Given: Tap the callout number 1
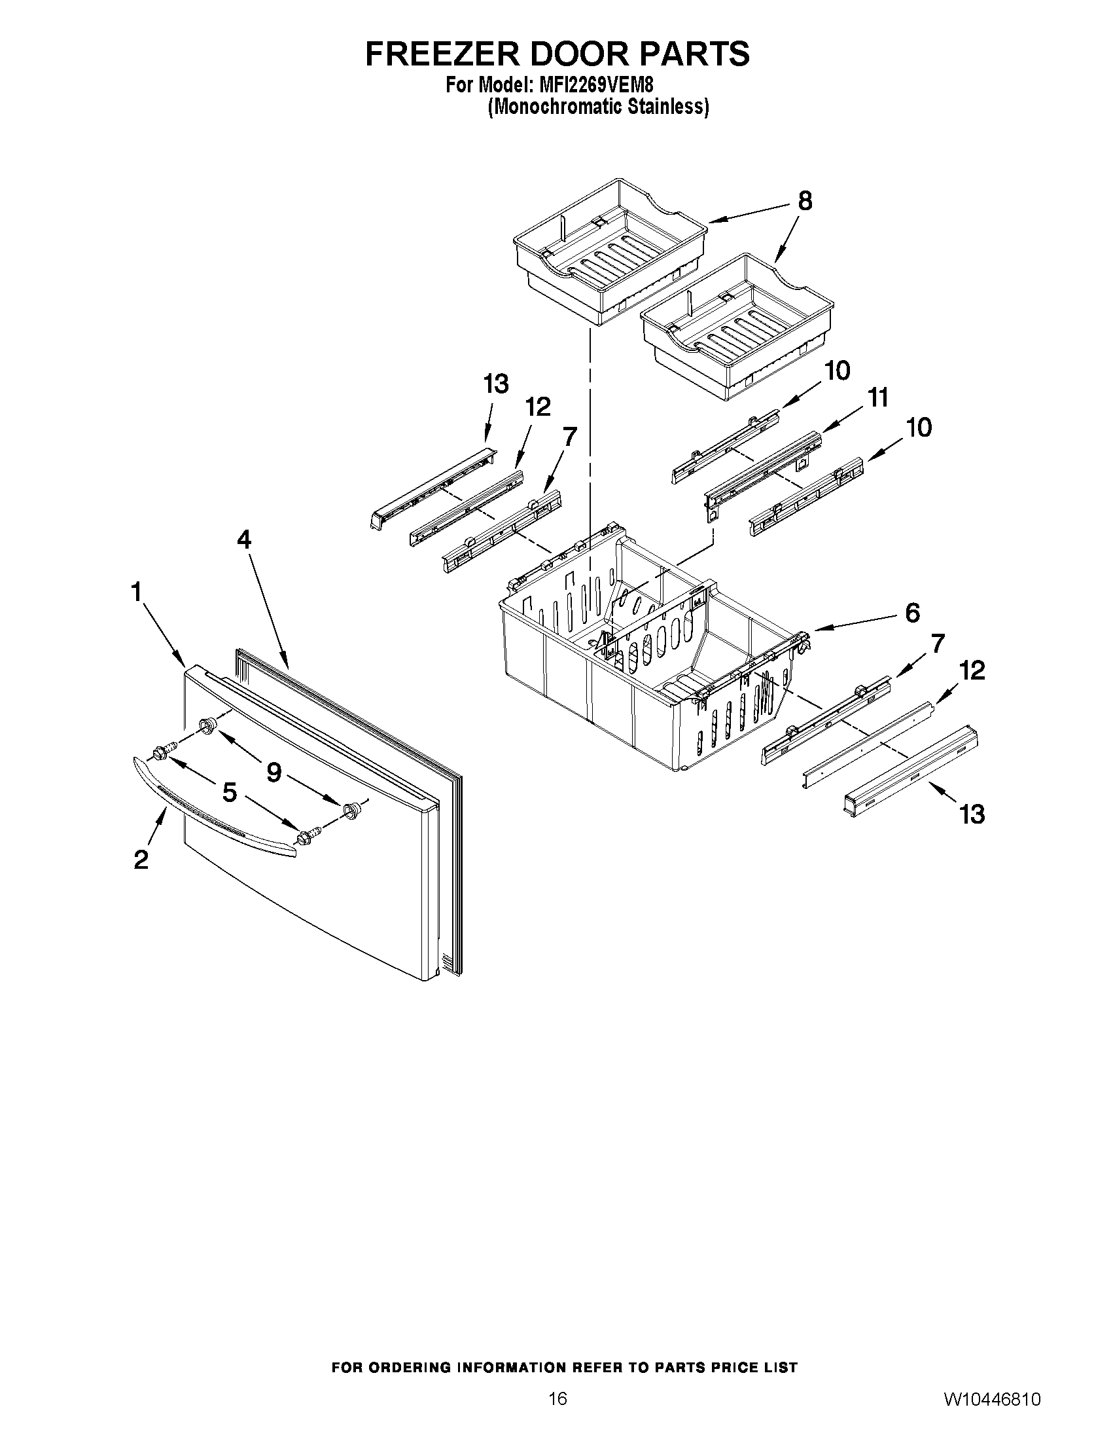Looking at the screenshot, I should tap(137, 592).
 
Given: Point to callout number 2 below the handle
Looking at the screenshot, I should tap(141, 860).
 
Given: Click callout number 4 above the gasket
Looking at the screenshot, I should tap(244, 540).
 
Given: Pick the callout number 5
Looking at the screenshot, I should tap(229, 792).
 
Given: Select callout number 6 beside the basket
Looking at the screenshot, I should tap(912, 613).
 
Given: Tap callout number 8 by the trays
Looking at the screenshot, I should tap(805, 200).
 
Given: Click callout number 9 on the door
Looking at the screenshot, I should tap(274, 771).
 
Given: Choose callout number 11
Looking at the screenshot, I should tap(877, 398).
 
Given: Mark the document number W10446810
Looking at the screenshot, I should tap(993, 1399).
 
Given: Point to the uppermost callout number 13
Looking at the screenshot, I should tap(496, 384).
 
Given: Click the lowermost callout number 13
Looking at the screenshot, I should tap(972, 814).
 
